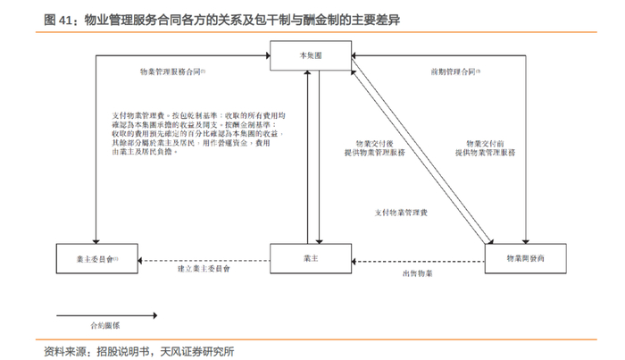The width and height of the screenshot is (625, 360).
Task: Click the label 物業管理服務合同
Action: click(171, 71)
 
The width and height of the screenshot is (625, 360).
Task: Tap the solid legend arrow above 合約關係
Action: click(106, 314)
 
